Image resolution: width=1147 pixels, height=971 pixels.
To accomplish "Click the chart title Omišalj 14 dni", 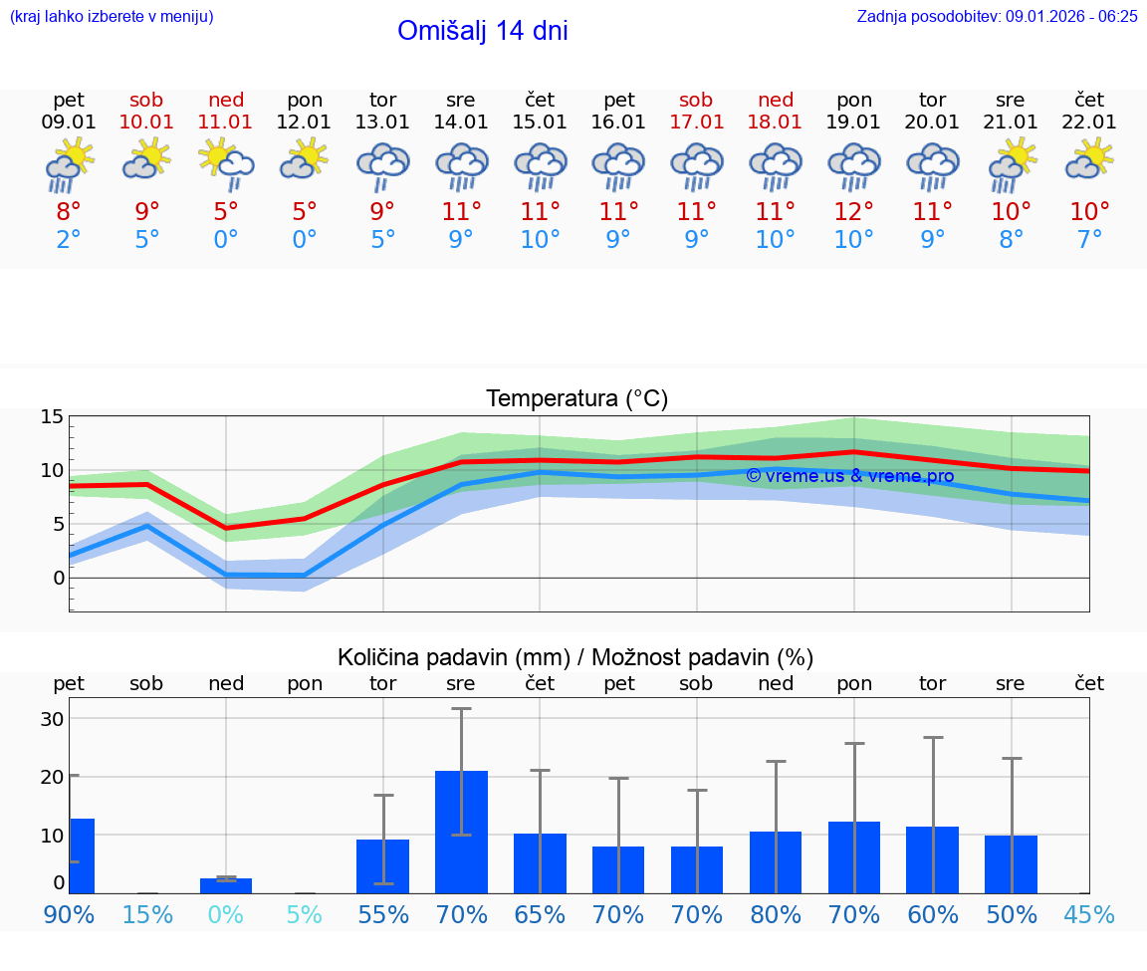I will tap(482, 31).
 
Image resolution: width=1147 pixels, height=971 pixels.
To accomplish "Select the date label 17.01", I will tap(696, 121).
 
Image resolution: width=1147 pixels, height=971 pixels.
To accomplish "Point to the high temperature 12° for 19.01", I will tap(853, 212).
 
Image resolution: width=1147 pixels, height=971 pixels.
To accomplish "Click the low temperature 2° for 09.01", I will tap(69, 239).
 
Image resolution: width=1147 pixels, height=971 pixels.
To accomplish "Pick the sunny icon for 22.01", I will tap(1089, 158).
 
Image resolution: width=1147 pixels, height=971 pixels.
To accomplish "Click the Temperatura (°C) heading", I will tap(576, 399).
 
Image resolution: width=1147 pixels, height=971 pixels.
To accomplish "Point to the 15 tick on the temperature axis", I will tap(52, 416).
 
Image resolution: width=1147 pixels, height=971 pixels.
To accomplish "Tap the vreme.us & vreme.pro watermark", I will tap(849, 476).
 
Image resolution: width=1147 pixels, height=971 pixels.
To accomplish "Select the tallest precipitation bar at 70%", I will tap(461, 832).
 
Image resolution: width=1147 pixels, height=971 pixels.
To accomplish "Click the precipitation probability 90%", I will tap(69, 914).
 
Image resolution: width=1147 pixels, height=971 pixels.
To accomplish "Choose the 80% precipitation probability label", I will tap(775, 914).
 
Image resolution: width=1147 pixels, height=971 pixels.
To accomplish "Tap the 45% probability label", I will tap(1089, 914).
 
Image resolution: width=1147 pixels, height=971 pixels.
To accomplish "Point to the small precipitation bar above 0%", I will tap(226, 885).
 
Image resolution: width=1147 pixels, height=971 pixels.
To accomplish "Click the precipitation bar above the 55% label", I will tap(383, 866).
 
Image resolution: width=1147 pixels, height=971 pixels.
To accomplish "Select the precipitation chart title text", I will tap(575, 657).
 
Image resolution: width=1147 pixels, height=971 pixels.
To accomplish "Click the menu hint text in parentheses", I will tap(112, 16).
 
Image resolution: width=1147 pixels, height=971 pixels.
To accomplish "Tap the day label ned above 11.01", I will tap(226, 100).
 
